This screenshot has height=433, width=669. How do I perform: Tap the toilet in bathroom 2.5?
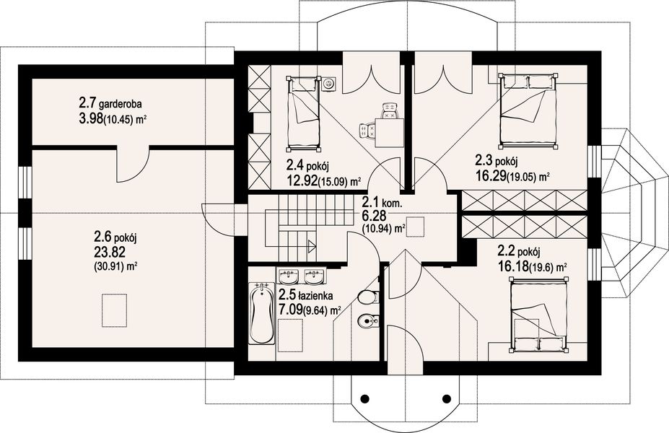tap(368, 297)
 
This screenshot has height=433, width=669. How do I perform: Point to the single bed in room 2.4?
tap(303, 113)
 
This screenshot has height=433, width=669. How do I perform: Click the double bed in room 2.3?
tap(528, 111)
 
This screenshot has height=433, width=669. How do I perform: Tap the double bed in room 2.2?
tap(539, 315)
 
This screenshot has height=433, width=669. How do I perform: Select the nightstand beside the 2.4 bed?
tap(328, 84)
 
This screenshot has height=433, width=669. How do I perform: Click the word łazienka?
tap(315, 295)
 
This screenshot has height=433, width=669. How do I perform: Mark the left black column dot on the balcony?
tap(364, 398)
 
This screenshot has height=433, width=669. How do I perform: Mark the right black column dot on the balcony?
tap(447, 398)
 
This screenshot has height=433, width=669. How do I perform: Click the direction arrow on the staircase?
tap(312, 245)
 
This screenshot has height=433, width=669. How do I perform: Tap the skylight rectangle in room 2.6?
tap(114, 310)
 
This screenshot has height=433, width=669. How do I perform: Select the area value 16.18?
tap(512, 267)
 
